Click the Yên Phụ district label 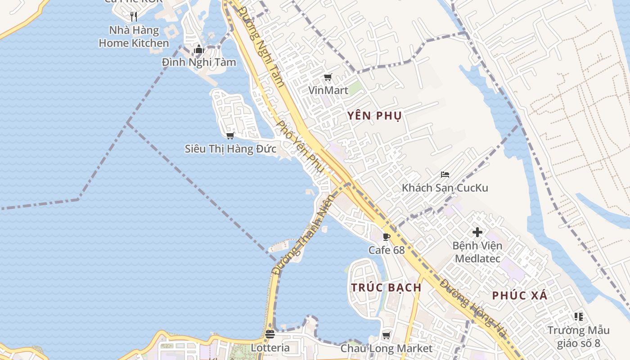374,116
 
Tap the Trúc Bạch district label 387,288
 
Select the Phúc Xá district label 520,296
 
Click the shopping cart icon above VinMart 328,77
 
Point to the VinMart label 328,90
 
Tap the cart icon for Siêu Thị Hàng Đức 230,135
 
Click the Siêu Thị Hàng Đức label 230,148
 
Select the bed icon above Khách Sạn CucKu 445,175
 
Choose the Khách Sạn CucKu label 445,188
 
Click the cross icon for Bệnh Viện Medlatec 477,233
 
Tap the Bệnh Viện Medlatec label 477,252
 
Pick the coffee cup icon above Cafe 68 386,237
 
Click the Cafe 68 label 387,250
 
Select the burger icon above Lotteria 270,334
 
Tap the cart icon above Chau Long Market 386,335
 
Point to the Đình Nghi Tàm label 199,62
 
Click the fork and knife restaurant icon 133,17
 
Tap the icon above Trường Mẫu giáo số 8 578,317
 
